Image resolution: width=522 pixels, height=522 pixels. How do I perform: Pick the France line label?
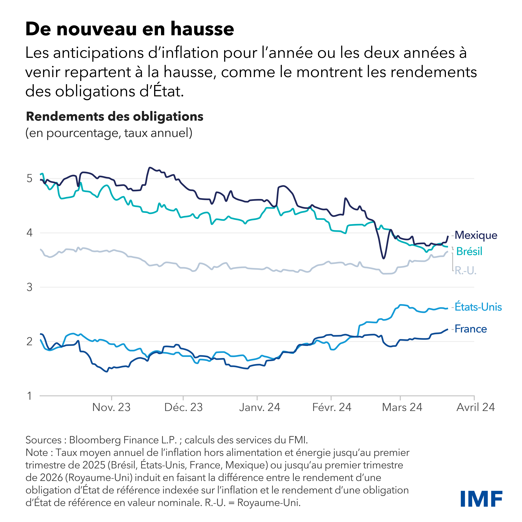pyautogui.click(x=471, y=329)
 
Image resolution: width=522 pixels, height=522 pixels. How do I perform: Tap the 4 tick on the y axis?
pyautogui.click(x=29, y=233)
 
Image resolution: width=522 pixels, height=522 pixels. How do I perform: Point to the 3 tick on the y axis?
pyautogui.click(x=29, y=287)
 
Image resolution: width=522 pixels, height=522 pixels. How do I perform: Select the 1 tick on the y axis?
pyautogui.click(x=29, y=396)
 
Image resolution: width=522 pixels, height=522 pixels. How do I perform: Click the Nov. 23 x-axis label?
pyautogui.click(x=111, y=407)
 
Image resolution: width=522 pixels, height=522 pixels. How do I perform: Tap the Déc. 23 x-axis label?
pyautogui.click(x=183, y=407)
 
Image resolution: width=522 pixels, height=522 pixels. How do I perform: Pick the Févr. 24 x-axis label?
pyautogui.click(x=332, y=407)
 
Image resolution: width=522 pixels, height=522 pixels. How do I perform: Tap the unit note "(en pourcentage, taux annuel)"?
pyautogui.click(x=109, y=133)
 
